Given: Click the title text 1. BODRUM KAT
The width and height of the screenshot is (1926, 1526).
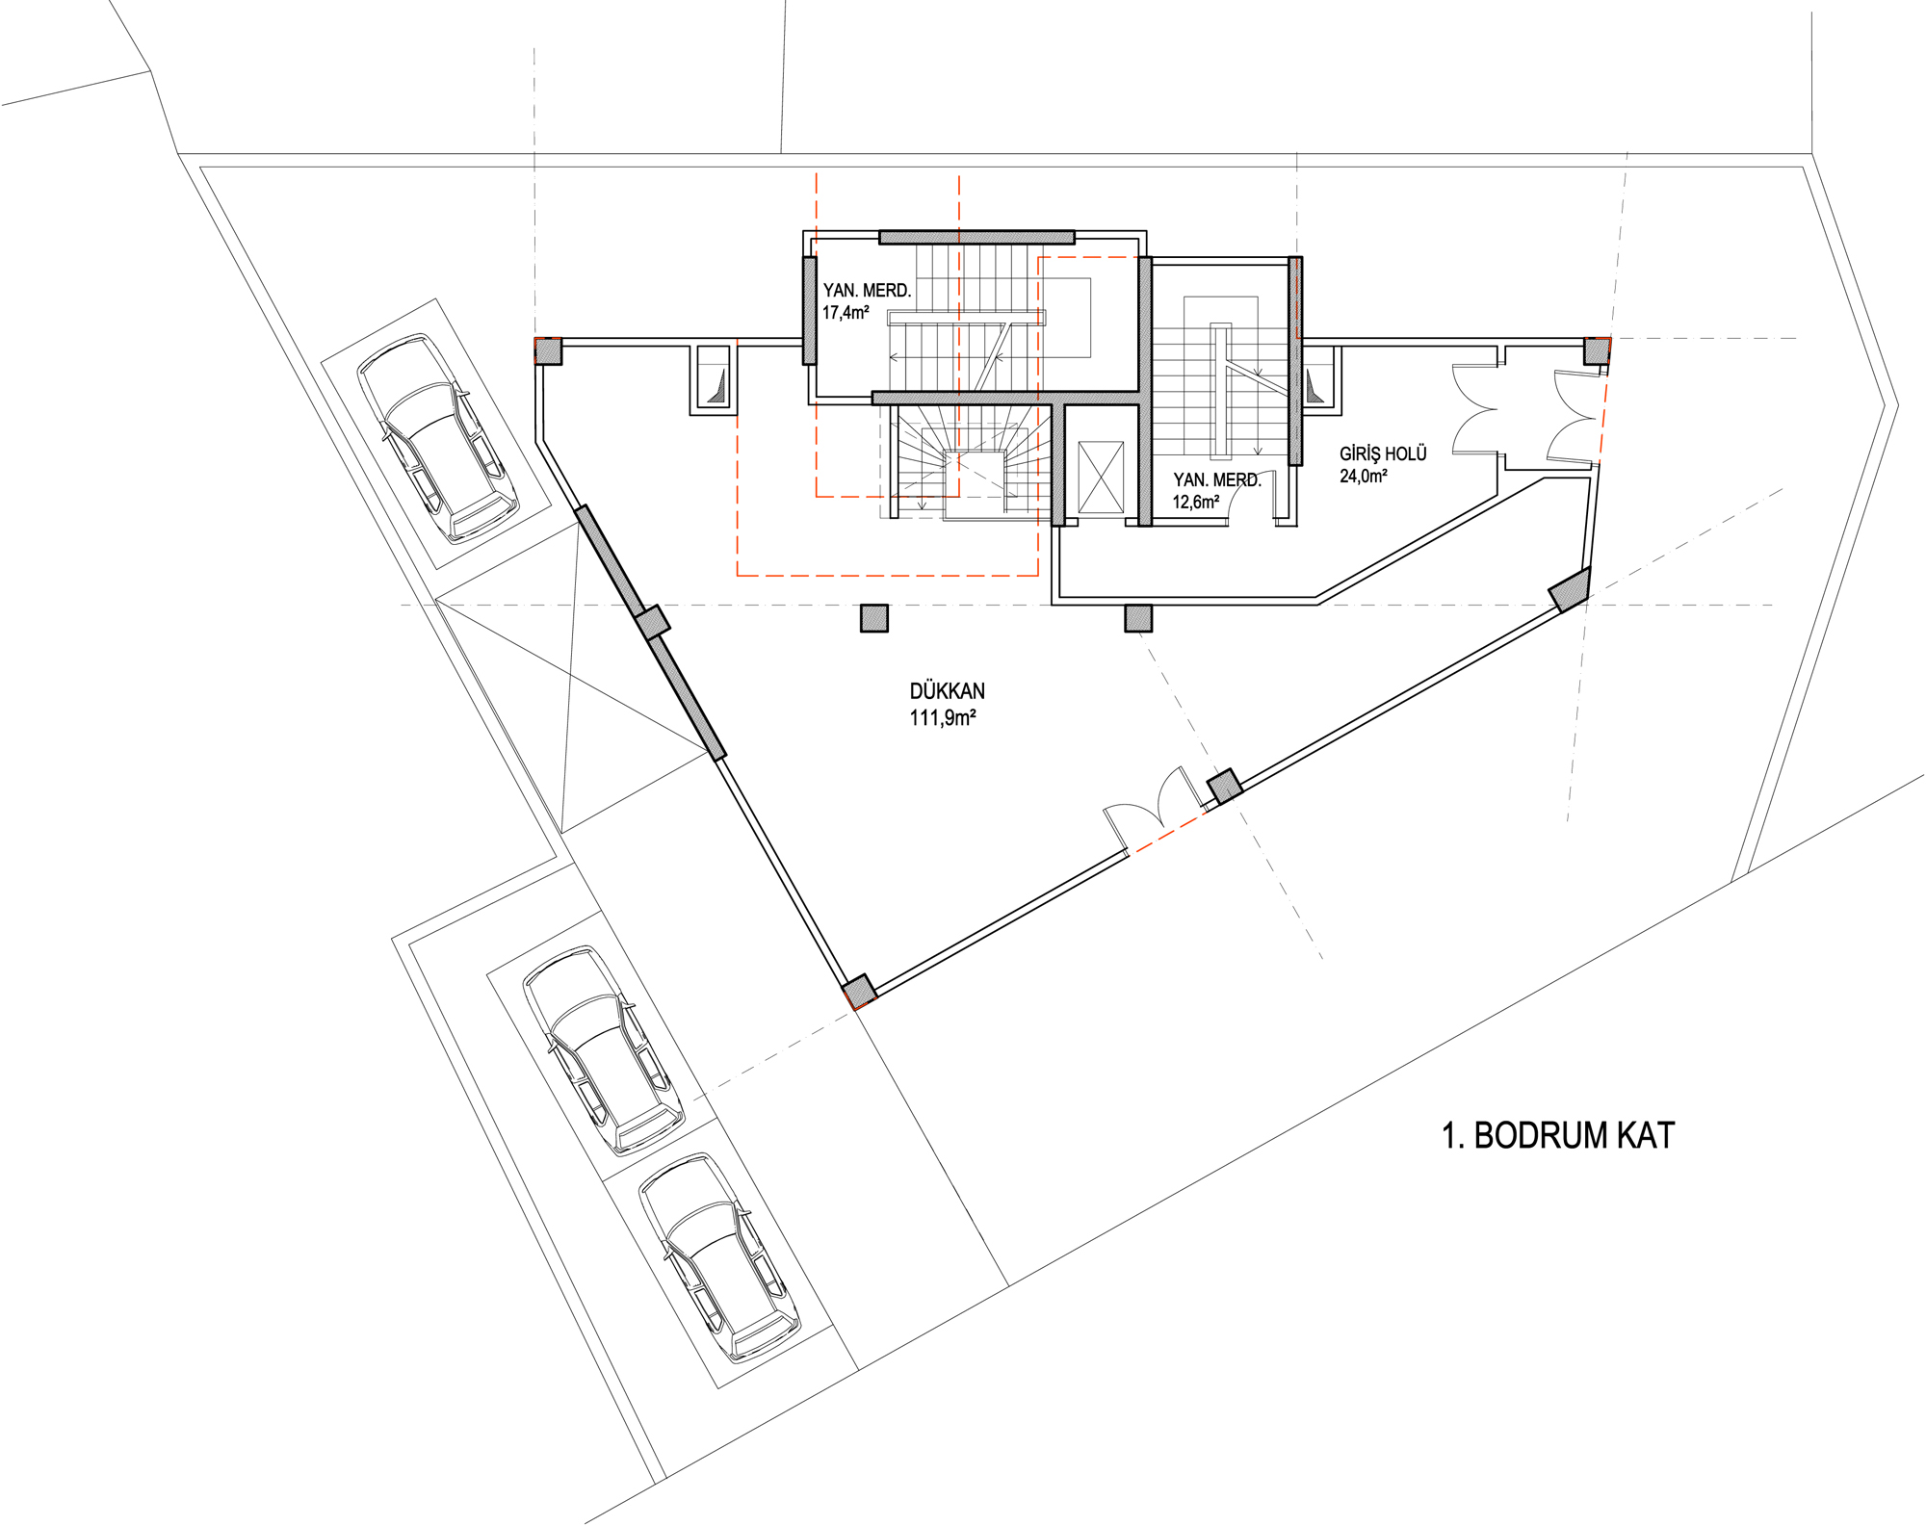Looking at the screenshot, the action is click(1557, 1136).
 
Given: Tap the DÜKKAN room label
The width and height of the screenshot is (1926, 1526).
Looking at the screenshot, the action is click(947, 691).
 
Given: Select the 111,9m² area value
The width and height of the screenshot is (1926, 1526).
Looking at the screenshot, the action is click(943, 718).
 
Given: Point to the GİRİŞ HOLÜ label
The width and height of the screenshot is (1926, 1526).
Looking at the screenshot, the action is click(1383, 453).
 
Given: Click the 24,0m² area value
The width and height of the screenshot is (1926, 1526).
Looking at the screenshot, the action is click(1364, 476).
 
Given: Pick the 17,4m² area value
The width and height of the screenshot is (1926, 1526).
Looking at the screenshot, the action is click(846, 313).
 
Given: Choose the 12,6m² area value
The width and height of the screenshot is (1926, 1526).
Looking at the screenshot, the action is click(1196, 502).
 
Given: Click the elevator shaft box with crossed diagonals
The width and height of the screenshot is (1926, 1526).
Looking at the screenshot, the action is click(1101, 477).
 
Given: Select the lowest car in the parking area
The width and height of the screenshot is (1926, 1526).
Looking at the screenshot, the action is click(719, 1257).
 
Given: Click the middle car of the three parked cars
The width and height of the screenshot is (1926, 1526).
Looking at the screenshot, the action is click(604, 1049).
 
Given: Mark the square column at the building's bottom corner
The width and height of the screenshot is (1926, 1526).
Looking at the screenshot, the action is click(859, 992).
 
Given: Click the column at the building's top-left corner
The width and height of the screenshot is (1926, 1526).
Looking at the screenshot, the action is click(548, 350).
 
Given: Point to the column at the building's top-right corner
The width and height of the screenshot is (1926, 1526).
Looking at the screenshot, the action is click(1597, 350).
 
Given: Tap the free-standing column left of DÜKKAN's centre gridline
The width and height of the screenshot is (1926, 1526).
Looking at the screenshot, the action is click(874, 618).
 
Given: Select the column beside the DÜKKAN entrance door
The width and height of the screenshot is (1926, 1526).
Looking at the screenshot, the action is click(1225, 787).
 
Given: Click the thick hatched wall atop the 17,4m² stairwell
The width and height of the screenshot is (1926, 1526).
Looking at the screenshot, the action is click(976, 237).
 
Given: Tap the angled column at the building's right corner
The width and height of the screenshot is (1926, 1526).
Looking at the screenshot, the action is click(1570, 590).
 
